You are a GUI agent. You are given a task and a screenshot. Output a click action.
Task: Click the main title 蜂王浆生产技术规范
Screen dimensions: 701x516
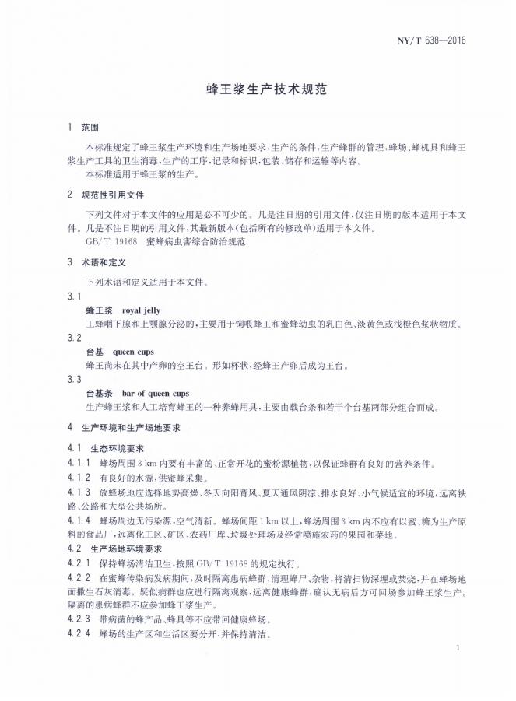pyautogui.click(x=258, y=89)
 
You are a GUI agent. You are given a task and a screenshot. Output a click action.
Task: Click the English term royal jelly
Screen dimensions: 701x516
pyautogui.click(x=141, y=310)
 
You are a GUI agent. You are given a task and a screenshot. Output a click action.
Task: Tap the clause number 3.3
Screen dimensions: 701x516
pyautogui.click(x=75, y=379)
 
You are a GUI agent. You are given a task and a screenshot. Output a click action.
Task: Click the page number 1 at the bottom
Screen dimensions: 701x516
pyautogui.click(x=459, y=647)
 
